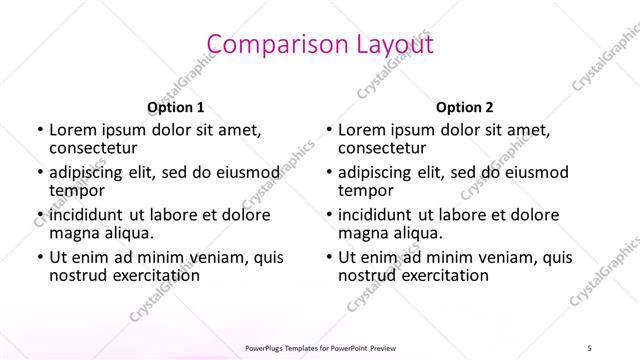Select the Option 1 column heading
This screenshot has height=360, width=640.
click(176, 107)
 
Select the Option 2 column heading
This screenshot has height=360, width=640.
click(465, 107)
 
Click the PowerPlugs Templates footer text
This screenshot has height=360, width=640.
click(319, 348)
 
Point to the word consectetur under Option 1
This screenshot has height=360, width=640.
click(96, 148)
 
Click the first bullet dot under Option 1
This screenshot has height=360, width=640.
click(39, 130)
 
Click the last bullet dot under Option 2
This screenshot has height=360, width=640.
click(328, 257)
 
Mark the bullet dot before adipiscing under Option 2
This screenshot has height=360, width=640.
click(328, 173)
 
